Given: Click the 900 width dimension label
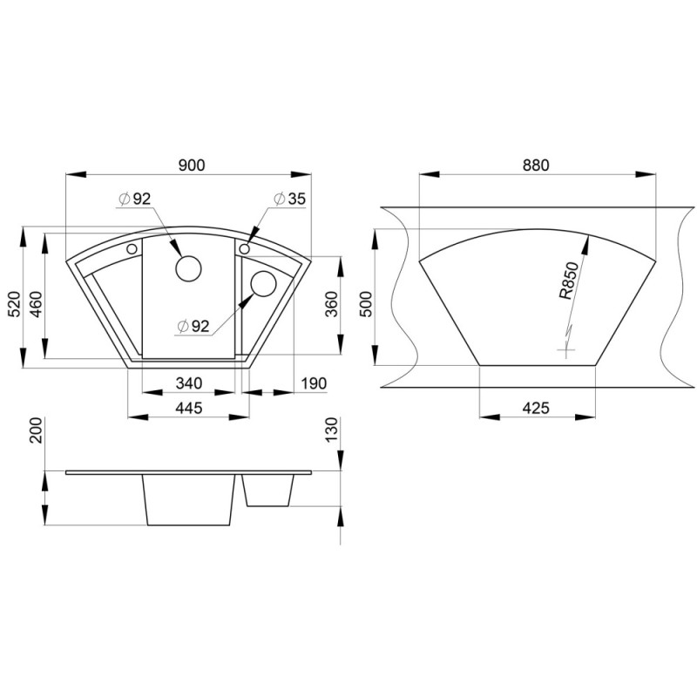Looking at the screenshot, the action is point(192,165).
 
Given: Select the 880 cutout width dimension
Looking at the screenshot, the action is point(536,165).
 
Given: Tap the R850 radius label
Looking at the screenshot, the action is point(569,281).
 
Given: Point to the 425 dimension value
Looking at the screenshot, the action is point(536,408).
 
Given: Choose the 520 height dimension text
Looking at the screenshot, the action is point(14,304).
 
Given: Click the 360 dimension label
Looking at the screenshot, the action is point(332,304).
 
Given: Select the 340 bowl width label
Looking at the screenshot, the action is point(189,383).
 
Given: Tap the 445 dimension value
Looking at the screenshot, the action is point(189,408).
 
